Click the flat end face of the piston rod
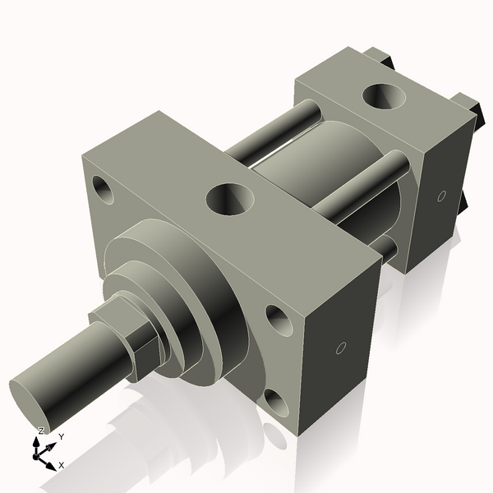(x=31, y=402)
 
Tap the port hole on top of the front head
(x=229, y=198)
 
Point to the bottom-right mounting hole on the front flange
(x=274, y=402)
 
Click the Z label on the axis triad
(x=40, y=431)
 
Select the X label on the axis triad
(x=61, y=465)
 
